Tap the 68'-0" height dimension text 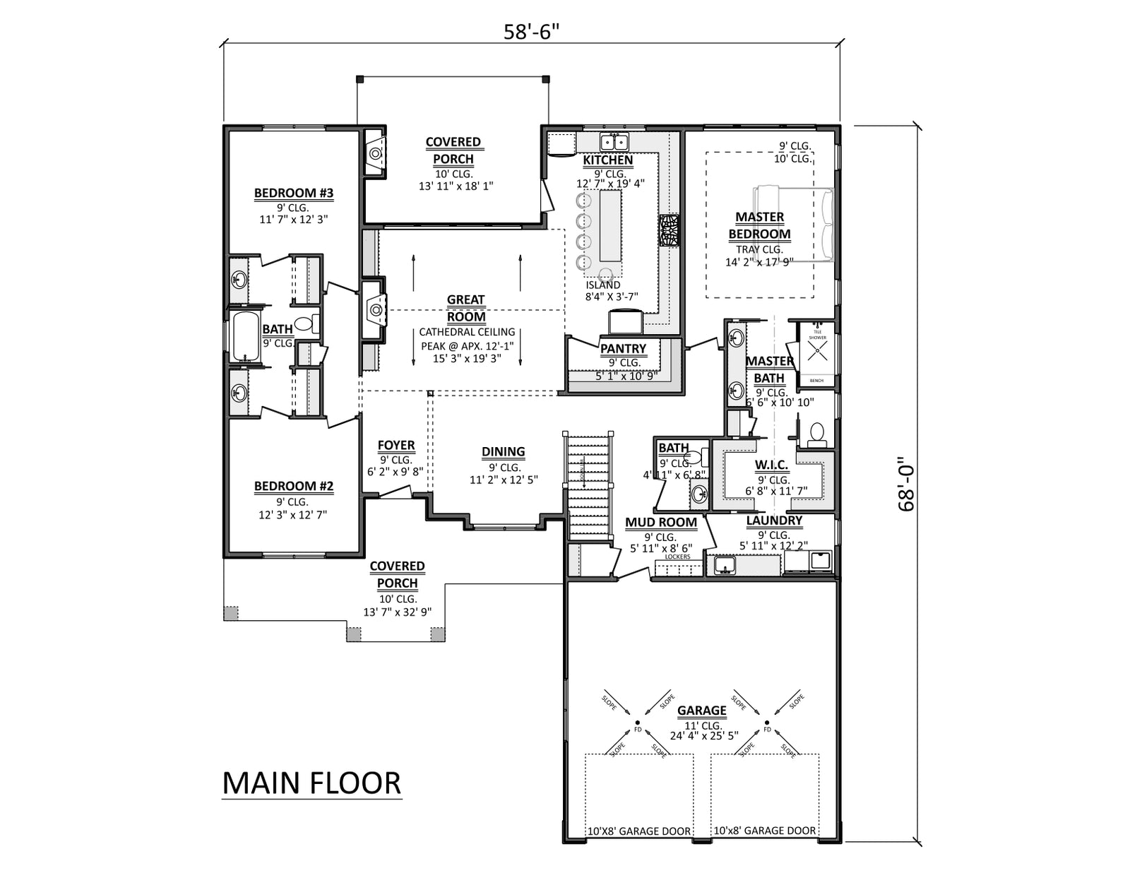(x=906, y=488)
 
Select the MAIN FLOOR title (x=311, y=783)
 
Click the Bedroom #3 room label (x=293, y=193)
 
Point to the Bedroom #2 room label (x=293, y=486)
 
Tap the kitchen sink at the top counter (x=614, y=141)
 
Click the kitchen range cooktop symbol (x=668, y=230)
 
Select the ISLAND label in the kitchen (x=602, y=285)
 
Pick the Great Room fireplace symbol (x=375, y=309)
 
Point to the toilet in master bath (x=816, y=433)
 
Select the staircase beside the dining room (x=588, y=487)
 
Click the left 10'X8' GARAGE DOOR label (x=638, y=831)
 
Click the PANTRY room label (x=623, y=348)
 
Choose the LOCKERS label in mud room (x=677, y=557)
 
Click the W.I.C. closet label (x=771, y=465)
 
